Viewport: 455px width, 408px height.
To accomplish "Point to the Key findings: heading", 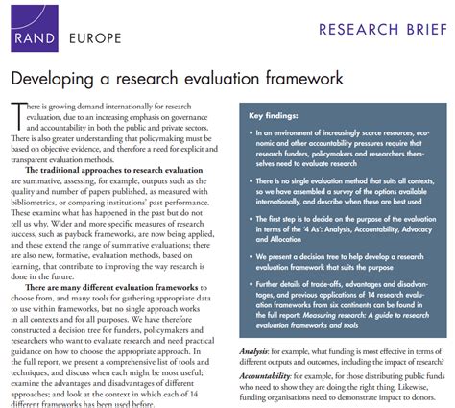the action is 277,116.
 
